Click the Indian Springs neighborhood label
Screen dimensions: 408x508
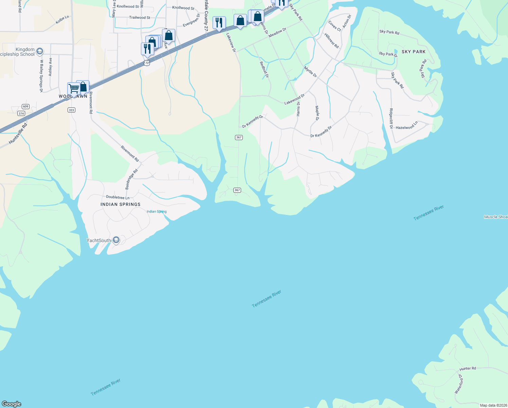(x=120, y=204)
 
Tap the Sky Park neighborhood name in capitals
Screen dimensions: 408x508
(x=413, y=52)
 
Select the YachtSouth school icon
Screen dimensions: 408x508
(x=116, y=240)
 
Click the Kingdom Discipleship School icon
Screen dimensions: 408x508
(x=39, y=51)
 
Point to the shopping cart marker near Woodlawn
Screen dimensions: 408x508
(x=73, y=89)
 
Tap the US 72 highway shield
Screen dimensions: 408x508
(x=146, y=63)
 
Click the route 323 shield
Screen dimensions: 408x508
(x=71, y=110)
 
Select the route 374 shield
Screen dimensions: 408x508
(x=21, y=114)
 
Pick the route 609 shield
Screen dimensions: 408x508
(x=25, y=106)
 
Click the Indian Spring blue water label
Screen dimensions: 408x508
(x=157, y=211)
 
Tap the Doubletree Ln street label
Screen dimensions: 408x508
(x=117, y=197)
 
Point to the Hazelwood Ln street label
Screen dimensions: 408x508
(x=407, y=126)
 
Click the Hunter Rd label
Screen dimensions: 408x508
(x=468, y=369)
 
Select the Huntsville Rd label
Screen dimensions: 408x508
(x=18, y=134)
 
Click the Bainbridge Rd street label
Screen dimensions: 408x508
(x=131, y=179)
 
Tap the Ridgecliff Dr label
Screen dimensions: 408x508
(x=391, y=119)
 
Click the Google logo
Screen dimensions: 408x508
(x=11, y=404)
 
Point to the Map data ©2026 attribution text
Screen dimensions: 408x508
(x=493, y=405)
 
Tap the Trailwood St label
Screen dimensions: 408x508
(x=140, y=18)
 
